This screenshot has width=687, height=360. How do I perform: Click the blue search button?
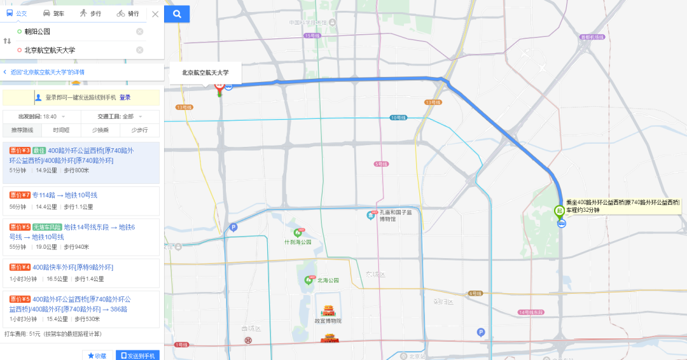point(177,13)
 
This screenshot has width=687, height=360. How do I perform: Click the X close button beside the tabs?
point(155,13)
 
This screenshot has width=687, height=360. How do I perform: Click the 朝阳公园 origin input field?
point(76,31)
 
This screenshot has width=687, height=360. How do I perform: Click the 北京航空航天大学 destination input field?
point(76,50)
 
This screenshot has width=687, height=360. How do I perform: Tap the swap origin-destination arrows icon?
point(8,41)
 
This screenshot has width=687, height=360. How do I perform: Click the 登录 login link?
point(125,97)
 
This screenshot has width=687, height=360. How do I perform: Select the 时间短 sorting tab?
point(61,130)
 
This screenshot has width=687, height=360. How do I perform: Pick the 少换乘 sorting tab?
point(100,130)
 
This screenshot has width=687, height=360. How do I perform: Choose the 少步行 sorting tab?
point(139,130)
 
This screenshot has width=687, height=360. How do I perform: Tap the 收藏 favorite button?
point(97,356)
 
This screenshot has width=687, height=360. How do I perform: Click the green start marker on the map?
point(560,210)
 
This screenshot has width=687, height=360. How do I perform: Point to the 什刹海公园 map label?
point(298,242)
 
